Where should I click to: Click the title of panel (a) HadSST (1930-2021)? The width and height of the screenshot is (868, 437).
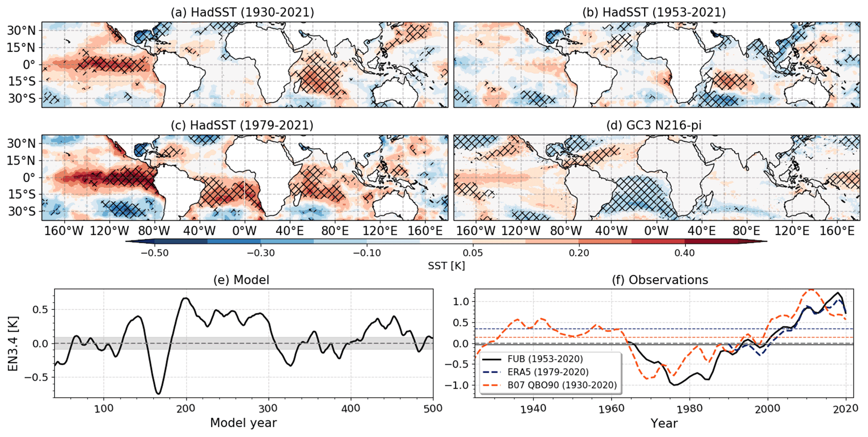click(x=242, y=12)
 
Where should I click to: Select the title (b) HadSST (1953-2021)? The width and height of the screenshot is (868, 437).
click(x=654, y=12)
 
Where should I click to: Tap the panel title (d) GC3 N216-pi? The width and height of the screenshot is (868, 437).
click(x=654, y=125)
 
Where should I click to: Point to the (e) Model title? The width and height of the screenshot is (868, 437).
click(x=241, y=280)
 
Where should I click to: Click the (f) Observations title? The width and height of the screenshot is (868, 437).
click(x=660, y=280)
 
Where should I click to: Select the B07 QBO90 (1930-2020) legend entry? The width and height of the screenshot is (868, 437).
click(x=561, y=385)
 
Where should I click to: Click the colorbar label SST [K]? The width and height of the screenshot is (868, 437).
click(x=446, y=266)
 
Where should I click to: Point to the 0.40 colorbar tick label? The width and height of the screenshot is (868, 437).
click(x=684, y=253)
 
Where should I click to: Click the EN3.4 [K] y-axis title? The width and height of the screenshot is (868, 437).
click(x=13, y=343)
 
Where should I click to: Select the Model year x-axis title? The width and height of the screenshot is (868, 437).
click(x=243, y=423)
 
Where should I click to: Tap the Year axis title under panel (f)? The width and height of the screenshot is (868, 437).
click(x=663, y=423)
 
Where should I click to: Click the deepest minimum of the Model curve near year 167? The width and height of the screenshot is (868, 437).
click(x=158, y=393)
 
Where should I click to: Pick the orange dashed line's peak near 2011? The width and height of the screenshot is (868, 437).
click(x=811, y=290)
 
